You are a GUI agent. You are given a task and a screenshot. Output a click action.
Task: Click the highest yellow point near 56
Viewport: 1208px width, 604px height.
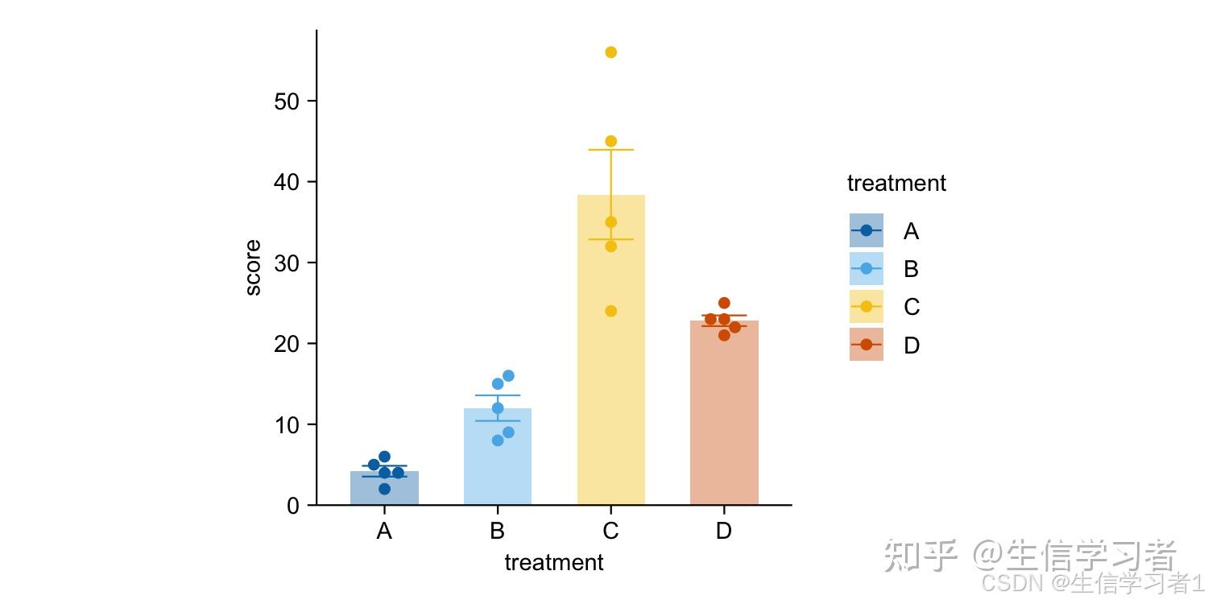(x=610, y=52)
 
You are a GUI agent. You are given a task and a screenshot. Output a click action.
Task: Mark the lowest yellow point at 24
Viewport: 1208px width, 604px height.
(x=610, y=311)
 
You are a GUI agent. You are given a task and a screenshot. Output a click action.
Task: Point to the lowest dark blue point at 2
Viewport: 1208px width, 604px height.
(x=384, y=489)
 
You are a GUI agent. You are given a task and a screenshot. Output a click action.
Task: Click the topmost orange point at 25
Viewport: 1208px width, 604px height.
(x=724, y=303)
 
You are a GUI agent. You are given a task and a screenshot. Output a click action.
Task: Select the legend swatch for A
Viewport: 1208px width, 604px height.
(x=866, y=230)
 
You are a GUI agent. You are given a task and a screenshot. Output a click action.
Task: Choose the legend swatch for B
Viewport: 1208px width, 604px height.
(x=866, y=268)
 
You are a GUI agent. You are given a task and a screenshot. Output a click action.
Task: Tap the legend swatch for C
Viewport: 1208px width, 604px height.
(x=866, y=307)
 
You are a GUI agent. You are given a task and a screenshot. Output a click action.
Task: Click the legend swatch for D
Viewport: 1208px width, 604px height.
(x=866, y=345)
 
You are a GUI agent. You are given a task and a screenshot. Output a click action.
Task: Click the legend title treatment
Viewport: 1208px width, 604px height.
(x=896, y=184)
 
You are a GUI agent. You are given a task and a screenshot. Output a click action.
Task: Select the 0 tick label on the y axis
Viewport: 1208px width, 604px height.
(x=293, y=506)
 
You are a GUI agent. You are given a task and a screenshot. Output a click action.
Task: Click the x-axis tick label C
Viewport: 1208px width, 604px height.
(x=610, y=532)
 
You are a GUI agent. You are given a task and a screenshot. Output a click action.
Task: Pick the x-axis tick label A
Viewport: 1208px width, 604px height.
(x=384, y=532)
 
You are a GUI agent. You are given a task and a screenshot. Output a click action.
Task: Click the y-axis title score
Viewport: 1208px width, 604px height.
(x=253, y=268)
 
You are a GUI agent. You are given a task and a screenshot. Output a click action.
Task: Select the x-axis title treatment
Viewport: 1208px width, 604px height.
(x=554, y=563)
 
